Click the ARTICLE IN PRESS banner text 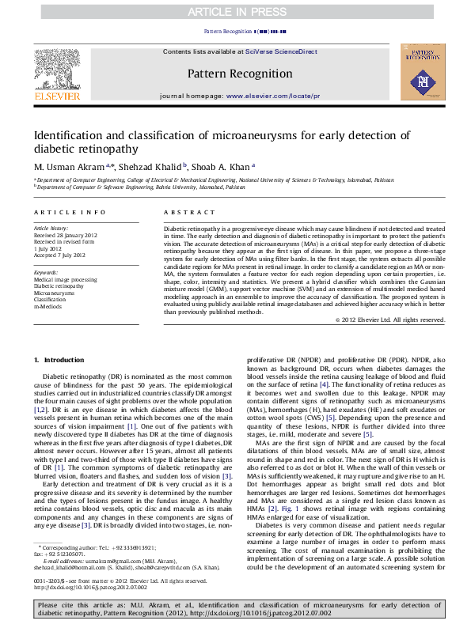click(235, 12)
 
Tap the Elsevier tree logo click(56, 70)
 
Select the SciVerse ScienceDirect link click(281, 51)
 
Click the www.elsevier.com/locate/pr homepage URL click(273, 95)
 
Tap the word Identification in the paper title click(71, 135)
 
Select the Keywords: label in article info click(46, 272)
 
